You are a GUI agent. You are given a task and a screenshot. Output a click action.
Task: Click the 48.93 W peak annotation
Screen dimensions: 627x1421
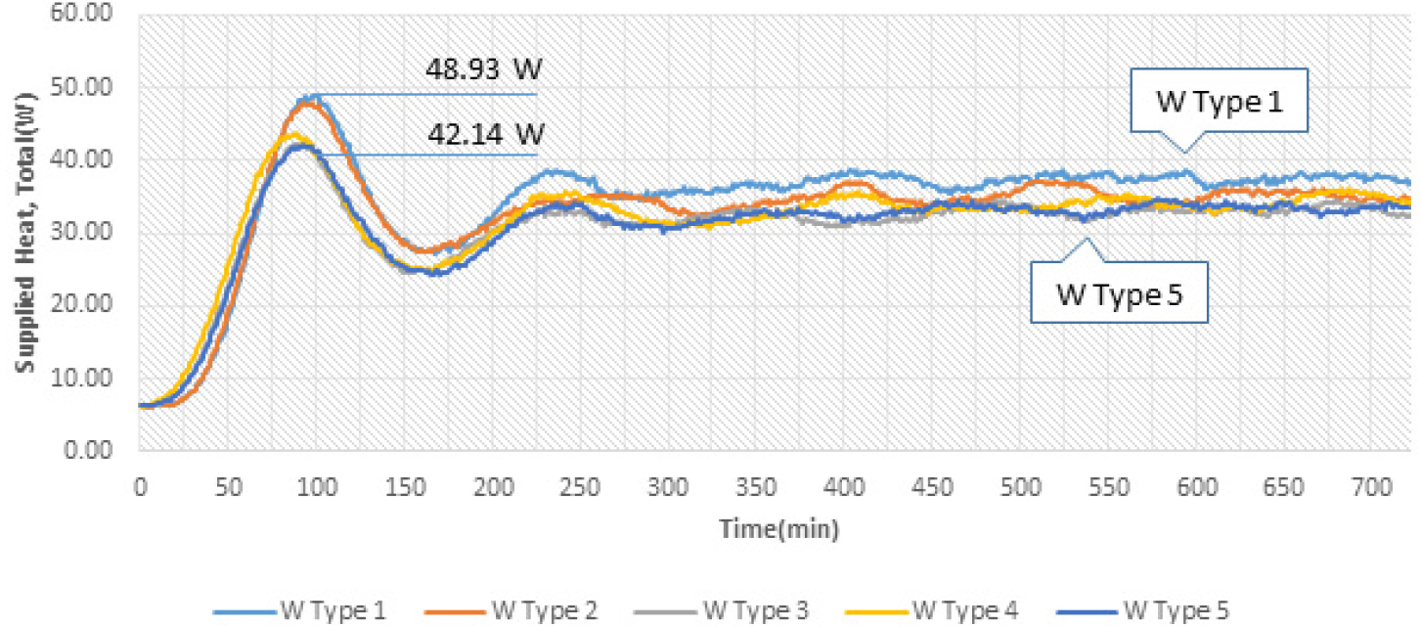pyautogui.click(x=483, y=70)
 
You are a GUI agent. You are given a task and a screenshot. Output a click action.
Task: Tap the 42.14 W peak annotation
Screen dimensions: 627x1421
pyautogui.click(x=483, y=132)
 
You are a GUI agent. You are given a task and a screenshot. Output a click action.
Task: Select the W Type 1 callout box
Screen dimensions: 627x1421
pyautogui.click(x=1218, y=101)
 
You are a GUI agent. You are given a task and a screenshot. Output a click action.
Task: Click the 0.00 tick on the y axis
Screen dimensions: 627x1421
pyautogui.click(x=94, y=451)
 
